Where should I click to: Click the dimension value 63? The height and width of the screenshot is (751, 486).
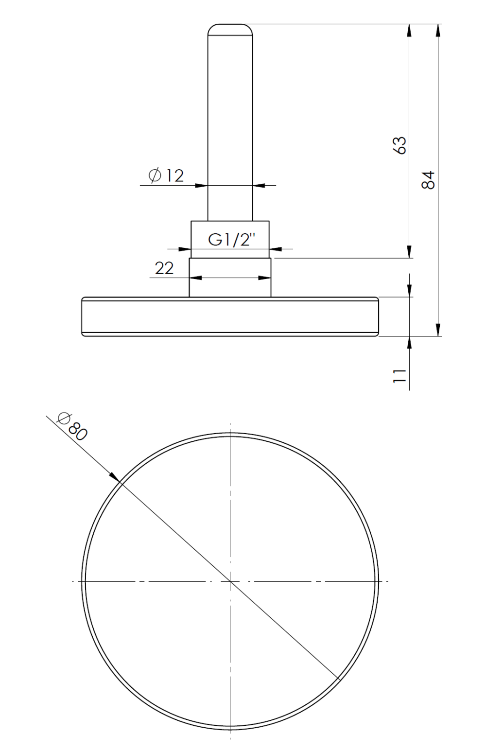pyautogui.click(x=399, y=145)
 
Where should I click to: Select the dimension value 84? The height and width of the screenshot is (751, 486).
pyautogui.click(x=427, y=180)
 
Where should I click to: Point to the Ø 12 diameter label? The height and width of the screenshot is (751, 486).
pyautogui.click(x=166, y=175)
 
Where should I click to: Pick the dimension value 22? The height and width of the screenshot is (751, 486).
pyautogui.click(x=164, y=268)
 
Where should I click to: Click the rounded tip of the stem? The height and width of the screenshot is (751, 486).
pyautogui.click(x=230, y=29)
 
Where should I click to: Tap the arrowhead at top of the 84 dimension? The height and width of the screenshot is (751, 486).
pyautogui.click(x=438, y=30)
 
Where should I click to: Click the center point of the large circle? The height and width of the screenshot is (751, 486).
pyautogui.click(x=230, y=581)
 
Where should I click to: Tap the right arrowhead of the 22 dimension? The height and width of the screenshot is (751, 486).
pyautogui.click(x=265, y=278)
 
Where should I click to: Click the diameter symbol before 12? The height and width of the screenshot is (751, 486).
pyautogui.click(x=154, y=175)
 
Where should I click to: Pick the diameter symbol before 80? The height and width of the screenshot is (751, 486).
pyautogui.click(x=63, y=418)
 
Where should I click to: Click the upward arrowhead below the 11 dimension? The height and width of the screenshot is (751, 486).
pyautogui.click(x=410, y=342)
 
